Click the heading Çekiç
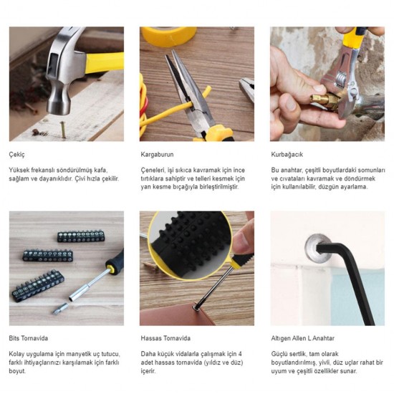pyautogui.click(x=17, y=155)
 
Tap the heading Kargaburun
pyautogui.click(x=157, y=154)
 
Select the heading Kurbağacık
pyautogui.click(x=287, y=154)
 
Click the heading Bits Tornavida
pyautogui.click(x=29, y=338)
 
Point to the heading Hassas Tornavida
pyautogui.click(x=165, y=338)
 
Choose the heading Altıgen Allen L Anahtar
pyautogui.click(x=302, y=338)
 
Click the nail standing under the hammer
pyautogui.click(x=63, y=129)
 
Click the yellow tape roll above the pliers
pyautogui.click(x=169, y=36)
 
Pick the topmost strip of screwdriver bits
pyautogui.click(x=81, y=236)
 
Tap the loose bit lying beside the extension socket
pyautogui.click(x=61, y=308)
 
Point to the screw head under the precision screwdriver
pyautogui.click(x=196, y=308)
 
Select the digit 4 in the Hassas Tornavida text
pyautogui.click(x=240, y=354)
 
